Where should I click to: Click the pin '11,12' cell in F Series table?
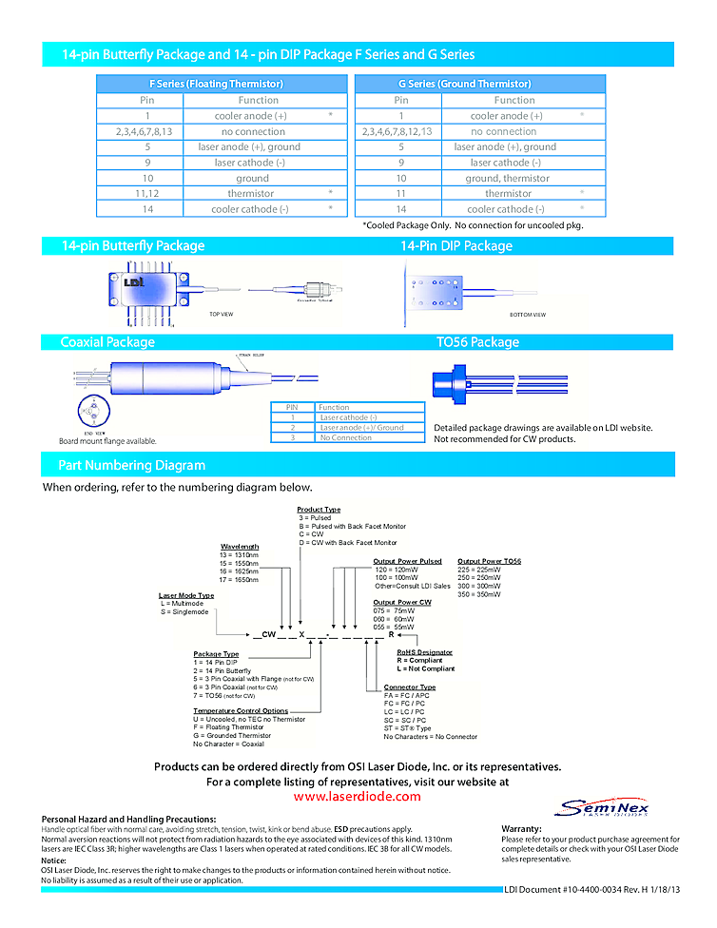[147, 193]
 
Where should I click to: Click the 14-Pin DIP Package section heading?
[455, 246]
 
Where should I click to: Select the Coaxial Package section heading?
[107, 342]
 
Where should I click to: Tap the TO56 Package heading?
[477, 342]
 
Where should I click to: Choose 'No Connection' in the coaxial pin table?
[345, 438]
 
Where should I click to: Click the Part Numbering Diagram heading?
[131, 465]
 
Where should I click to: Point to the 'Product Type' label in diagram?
[319, 510]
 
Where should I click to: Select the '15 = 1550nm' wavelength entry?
[240, 563]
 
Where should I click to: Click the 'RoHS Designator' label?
[424, 652]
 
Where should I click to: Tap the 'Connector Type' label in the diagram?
[410, 687]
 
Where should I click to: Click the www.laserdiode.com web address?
[357, 797]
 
